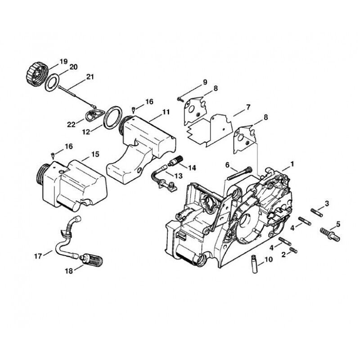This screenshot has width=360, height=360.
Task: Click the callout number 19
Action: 63,62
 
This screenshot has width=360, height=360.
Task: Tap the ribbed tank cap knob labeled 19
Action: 36,74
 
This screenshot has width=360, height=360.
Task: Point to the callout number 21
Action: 90,76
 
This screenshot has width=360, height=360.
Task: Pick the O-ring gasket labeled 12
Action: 112,117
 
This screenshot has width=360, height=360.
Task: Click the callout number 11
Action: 166,112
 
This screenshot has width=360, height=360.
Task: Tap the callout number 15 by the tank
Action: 95,154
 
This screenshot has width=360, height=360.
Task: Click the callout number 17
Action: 38,256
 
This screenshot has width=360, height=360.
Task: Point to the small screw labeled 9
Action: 180,99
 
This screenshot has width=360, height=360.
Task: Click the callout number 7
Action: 248,107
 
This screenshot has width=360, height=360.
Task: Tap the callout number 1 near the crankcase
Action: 292,164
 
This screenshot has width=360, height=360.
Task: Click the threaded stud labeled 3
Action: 317,212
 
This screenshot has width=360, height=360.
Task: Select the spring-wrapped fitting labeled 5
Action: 330,235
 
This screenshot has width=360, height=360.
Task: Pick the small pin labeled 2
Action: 293,250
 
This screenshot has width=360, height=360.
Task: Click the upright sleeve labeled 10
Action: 254,264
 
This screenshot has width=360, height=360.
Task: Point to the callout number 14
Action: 192,168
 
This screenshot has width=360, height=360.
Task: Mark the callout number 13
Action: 178,176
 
